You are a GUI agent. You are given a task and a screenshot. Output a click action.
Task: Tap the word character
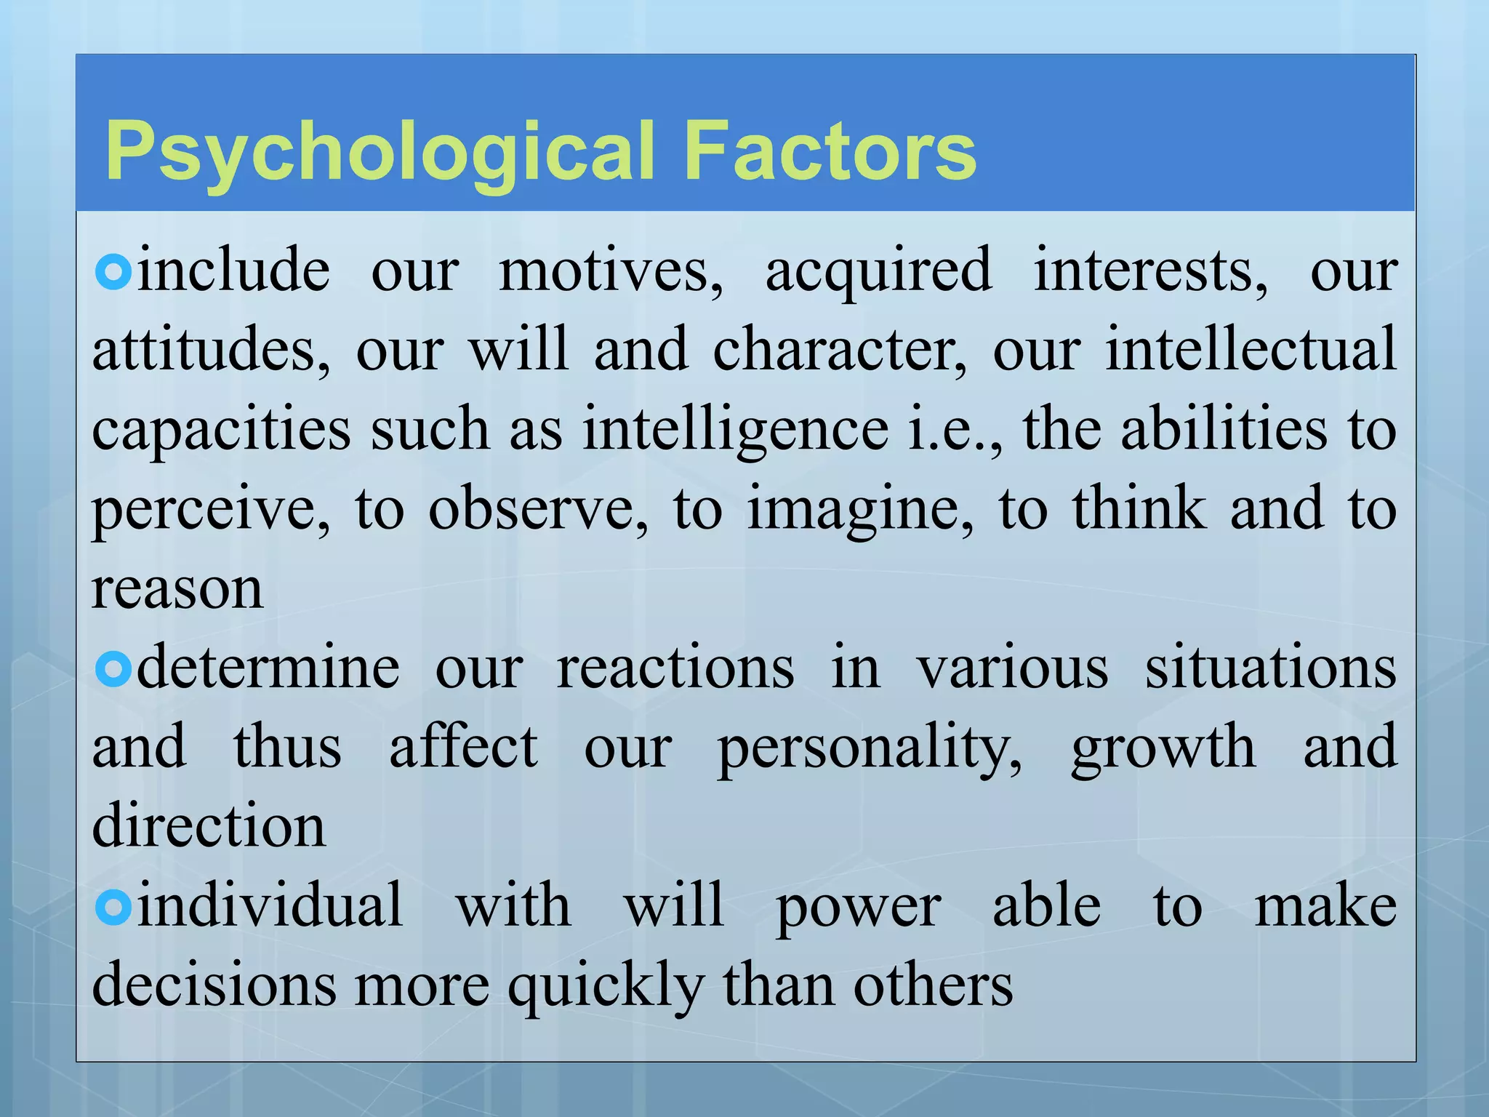[x=840, y=350]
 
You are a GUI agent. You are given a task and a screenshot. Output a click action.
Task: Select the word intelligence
[x=735, y=431]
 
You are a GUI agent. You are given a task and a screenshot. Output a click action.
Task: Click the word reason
[x=177, y=588]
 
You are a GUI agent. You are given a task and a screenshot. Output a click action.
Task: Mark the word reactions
[x=675, y=668]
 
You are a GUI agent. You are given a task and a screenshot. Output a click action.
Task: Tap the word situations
[x=1270, y=668]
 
